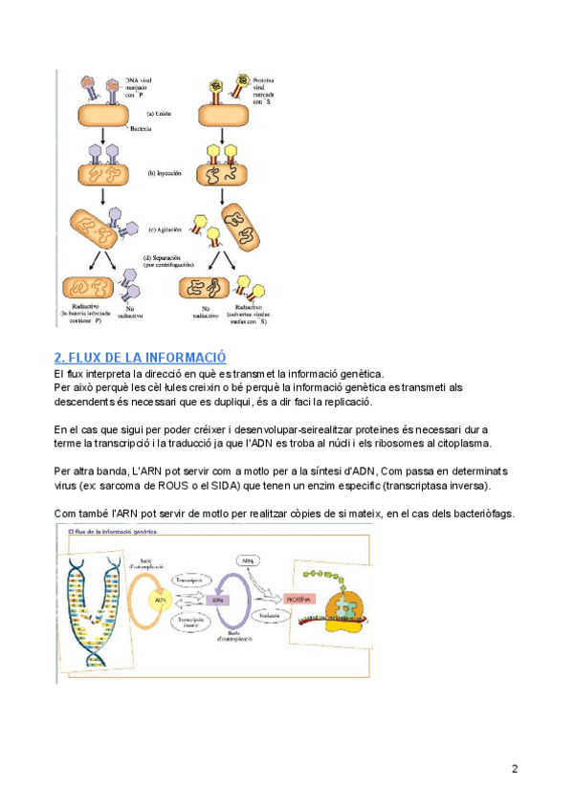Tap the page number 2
[x=515, y=769]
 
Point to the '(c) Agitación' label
[x=165, y=230]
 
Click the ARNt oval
[x=248, y=561]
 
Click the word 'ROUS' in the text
[x=171, y=487]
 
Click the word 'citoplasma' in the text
[x=459, y=444]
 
